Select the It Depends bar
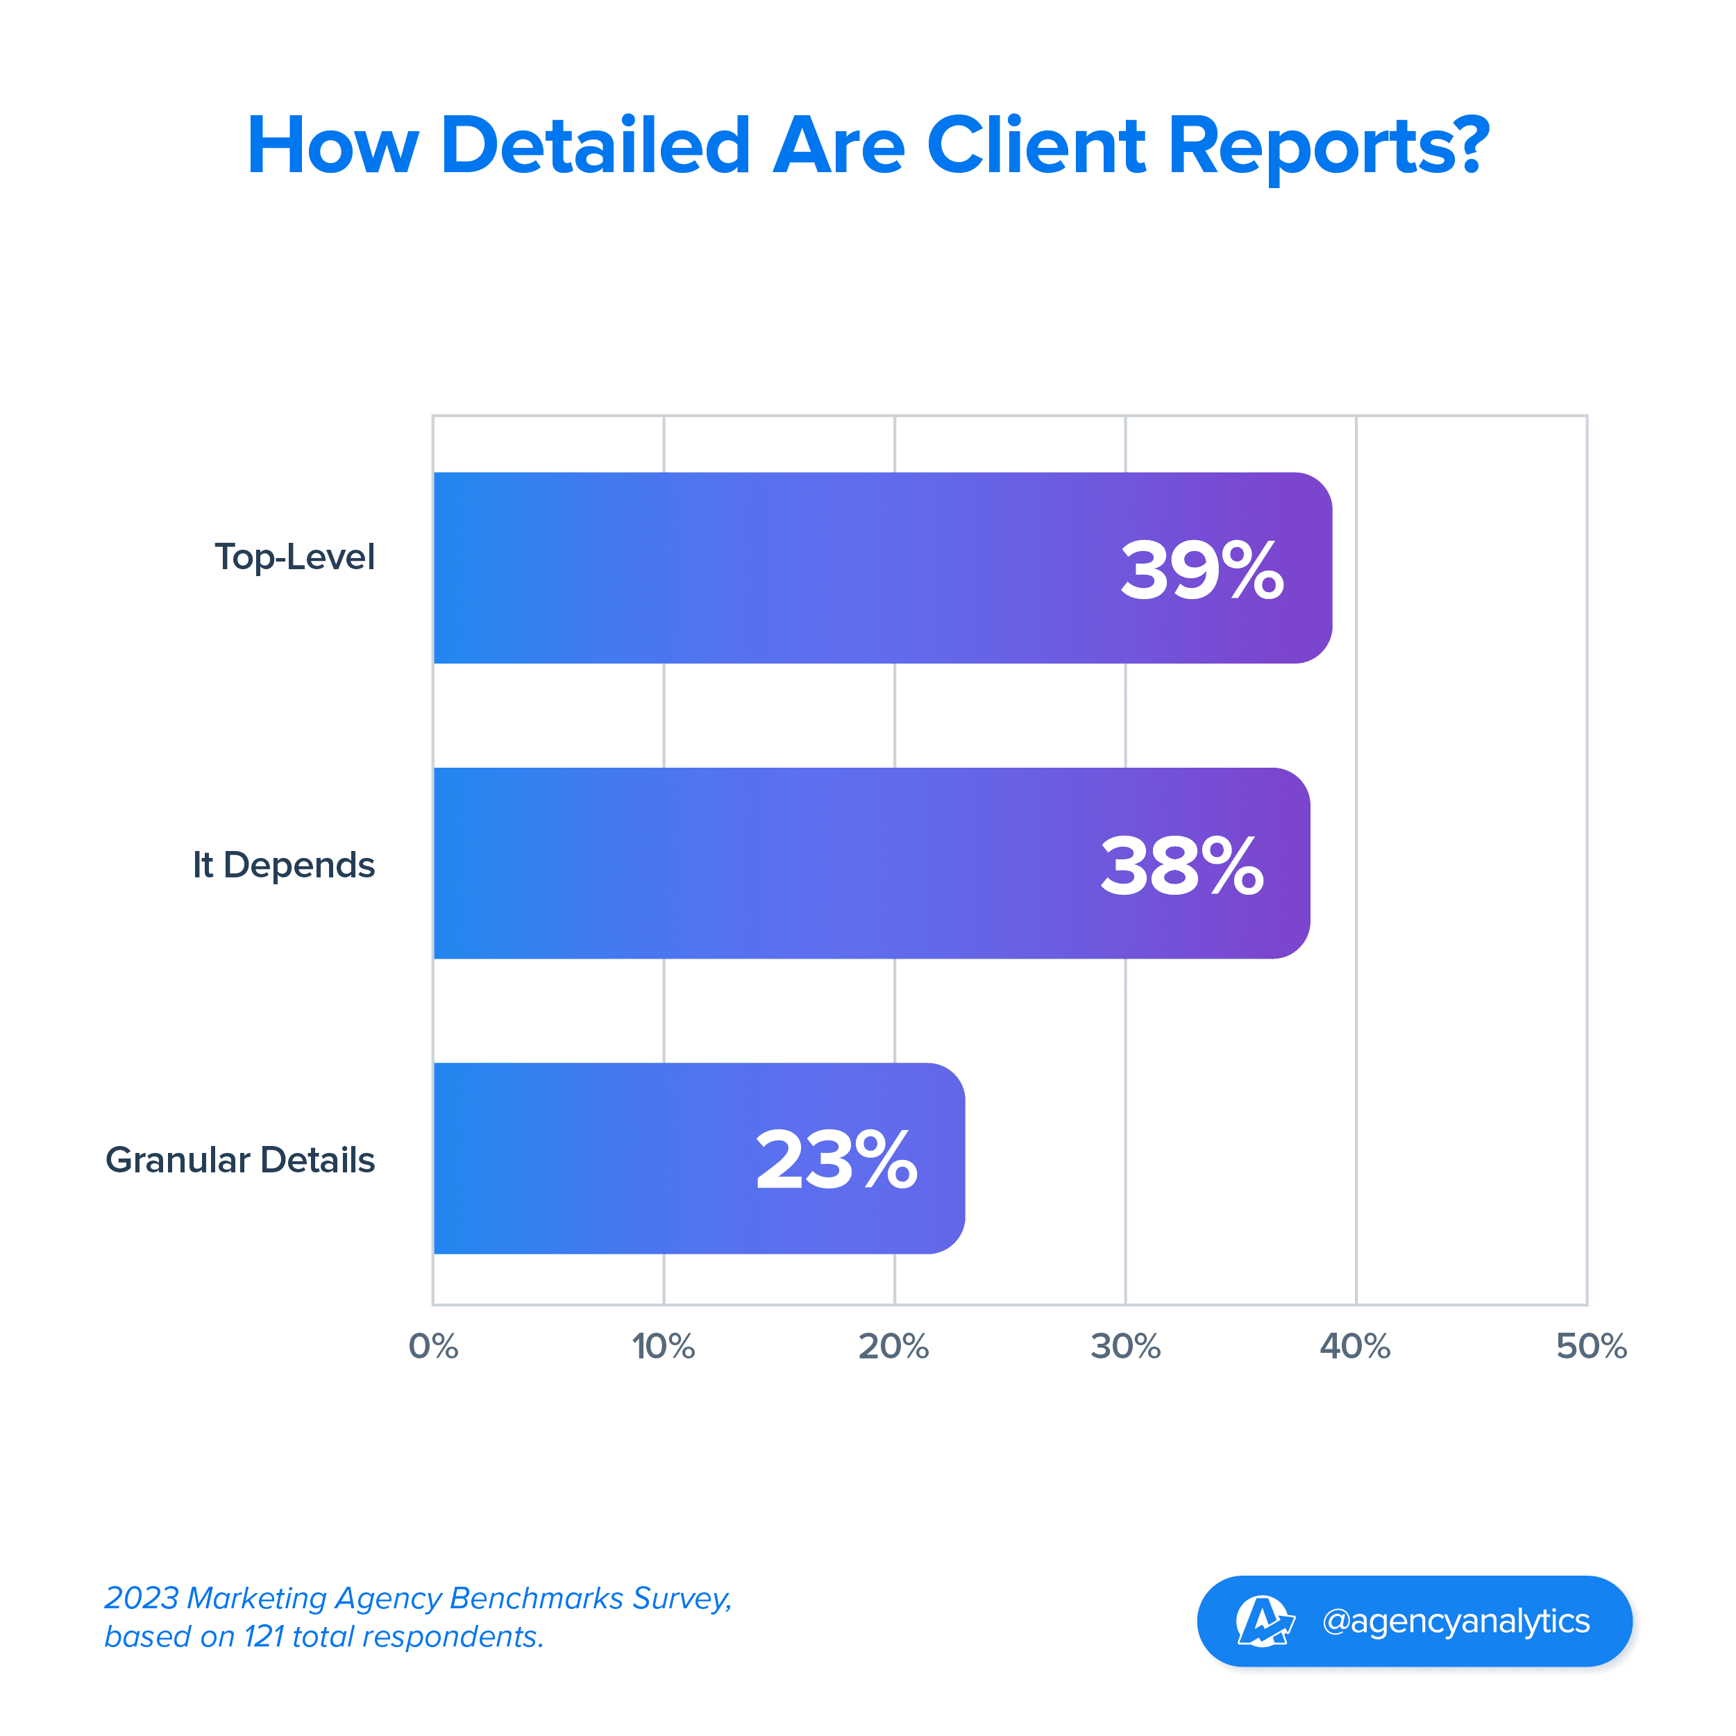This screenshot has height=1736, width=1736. [764, 863]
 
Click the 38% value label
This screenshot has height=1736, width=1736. [1181, 866]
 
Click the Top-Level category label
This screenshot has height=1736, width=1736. [294, 557]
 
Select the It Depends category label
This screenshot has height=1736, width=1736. [283, 864]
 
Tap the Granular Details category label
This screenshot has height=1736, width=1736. [240, 1160]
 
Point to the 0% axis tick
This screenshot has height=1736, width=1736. [433, 1346]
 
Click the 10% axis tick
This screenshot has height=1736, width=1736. [663, 1346]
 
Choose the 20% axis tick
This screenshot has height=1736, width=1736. [893, 1346]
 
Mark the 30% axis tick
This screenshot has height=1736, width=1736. [1125, 1346]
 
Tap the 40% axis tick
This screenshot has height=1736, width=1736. [1355, 1346]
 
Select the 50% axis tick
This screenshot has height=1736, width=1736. [1592, 1346]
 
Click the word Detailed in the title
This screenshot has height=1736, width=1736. [595, 146]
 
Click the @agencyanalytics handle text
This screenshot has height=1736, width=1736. [1456, 1621]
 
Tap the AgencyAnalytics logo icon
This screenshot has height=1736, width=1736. [1264, 1621]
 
